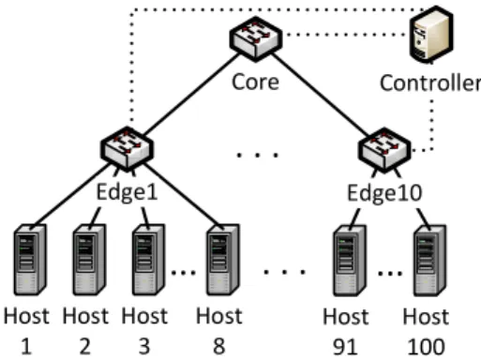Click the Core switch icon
[256, 39]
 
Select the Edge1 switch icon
[128, 149]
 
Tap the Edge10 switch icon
[384, 150]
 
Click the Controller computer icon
[431, 34]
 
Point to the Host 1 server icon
[30, 260]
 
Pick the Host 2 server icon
[89, 260]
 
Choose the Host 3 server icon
[148, 260]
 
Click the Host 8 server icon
[223, 260]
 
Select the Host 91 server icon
[350, 261]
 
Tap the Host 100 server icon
[429, 261]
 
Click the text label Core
[255, 82]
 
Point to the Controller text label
[430, 83]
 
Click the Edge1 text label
[127, 191]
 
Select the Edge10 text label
[384, 192]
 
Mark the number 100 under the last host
[427, 347]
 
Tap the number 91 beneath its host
[345, 347]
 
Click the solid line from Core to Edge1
[191, 95]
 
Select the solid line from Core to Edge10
[321, 95]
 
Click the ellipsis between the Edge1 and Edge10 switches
[257, 155]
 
